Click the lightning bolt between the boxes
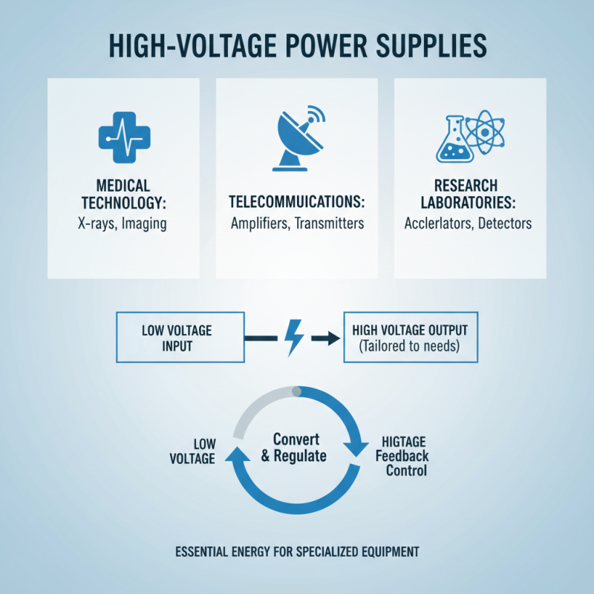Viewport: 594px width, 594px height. point(294,339)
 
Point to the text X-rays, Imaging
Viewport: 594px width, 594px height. point(123,223)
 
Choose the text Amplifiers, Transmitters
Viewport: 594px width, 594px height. point(297,223)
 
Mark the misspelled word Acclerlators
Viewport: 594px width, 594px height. point(437,223)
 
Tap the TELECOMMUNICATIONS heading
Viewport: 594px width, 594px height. point(297,202)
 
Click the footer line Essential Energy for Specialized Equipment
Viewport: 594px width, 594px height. point(297,552)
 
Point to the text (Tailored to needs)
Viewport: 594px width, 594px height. point(411,346)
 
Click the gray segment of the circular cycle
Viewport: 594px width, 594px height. point(256,405)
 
